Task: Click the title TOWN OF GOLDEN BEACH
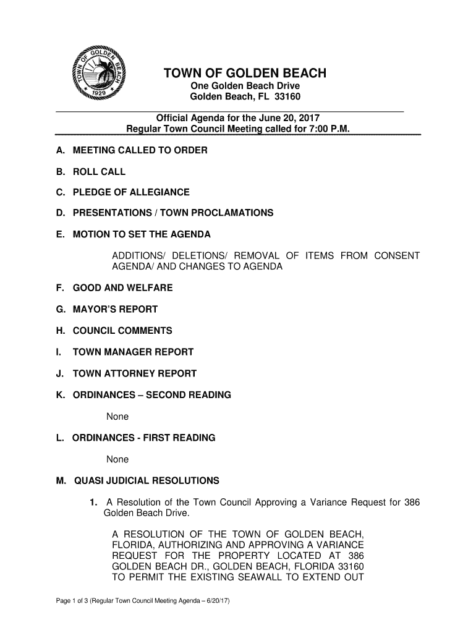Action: pyautogui.click(x=244, y=74)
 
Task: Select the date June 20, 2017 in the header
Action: pyautogui.click(x=289, y=118)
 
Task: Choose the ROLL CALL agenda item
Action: pyautogui.click(x=99, y=172)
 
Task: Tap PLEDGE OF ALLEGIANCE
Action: pyautogui.click(x=131, y=192)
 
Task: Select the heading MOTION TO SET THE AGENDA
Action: pyautogui.click(x=142, y=234)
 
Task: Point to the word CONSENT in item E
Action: pyautogui.click(x=396, y=256)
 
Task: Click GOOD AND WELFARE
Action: pyautogui.click(x=122, y=288)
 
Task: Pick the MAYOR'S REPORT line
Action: pyautogui.click(x=115, y=309)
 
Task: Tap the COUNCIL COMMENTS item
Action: pyautogui.click(x=122, y=331)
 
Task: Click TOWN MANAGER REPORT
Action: pyautogui.click(x=133, y=352)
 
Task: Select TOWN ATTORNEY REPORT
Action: pyautogui.click(x=134, y=373)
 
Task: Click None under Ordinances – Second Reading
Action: pyautogui.click(x=117, y=417)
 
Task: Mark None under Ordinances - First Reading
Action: pyautogui.click(x=117, y=459)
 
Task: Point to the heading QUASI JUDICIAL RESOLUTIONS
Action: pyautogui.click(x=147, y=480)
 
